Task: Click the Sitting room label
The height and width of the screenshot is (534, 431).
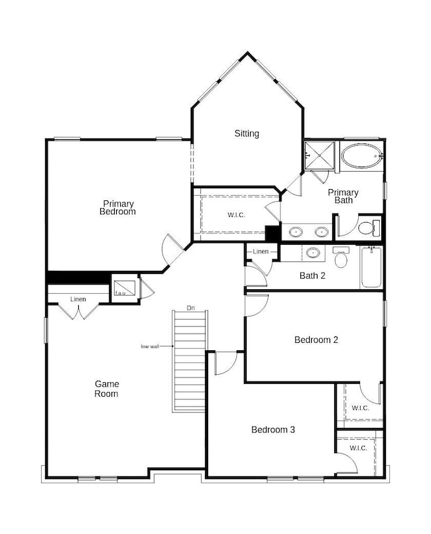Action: [x=247, y=133]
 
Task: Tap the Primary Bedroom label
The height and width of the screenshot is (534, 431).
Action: [x=118, y=208]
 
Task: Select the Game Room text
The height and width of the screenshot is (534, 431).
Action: [x=106, y=389]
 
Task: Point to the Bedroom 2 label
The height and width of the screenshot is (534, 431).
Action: [x=316, y=340]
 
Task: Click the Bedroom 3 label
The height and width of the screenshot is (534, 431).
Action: [x=273, y=430]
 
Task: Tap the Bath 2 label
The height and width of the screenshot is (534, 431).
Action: [x=312, y=275]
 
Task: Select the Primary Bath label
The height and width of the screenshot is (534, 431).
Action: [x=343, y=196]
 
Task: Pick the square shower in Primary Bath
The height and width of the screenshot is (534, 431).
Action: [x=320, y=157]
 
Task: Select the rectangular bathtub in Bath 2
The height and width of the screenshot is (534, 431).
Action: [x=371, y=267]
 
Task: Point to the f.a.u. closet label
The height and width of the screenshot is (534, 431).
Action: [x=121, y=293]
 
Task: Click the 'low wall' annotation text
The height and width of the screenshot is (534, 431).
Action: [x=151, y=346]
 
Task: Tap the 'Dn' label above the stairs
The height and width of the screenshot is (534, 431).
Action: [x=190, y=308]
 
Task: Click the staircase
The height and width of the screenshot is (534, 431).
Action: [x=190, y=362]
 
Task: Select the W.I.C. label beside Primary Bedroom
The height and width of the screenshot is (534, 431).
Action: [x=237, y=215]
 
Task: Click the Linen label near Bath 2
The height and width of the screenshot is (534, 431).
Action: [x=261, y=251]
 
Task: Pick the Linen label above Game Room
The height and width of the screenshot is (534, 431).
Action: [x=78, y=300]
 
